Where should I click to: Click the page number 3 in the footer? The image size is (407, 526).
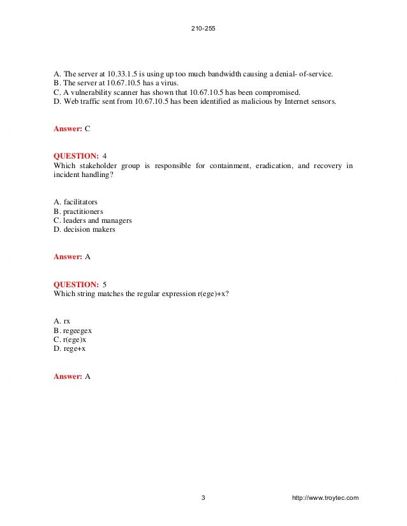point(203,497)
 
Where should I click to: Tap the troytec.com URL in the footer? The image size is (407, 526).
point(324,497)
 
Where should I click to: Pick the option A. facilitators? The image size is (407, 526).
point(76,203)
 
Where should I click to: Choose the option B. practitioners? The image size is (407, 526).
point(78,211)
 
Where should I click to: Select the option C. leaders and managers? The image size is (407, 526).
point(93,220)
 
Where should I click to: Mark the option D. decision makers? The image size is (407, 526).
point(84,229)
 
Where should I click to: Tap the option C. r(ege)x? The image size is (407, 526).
point(71,339)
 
